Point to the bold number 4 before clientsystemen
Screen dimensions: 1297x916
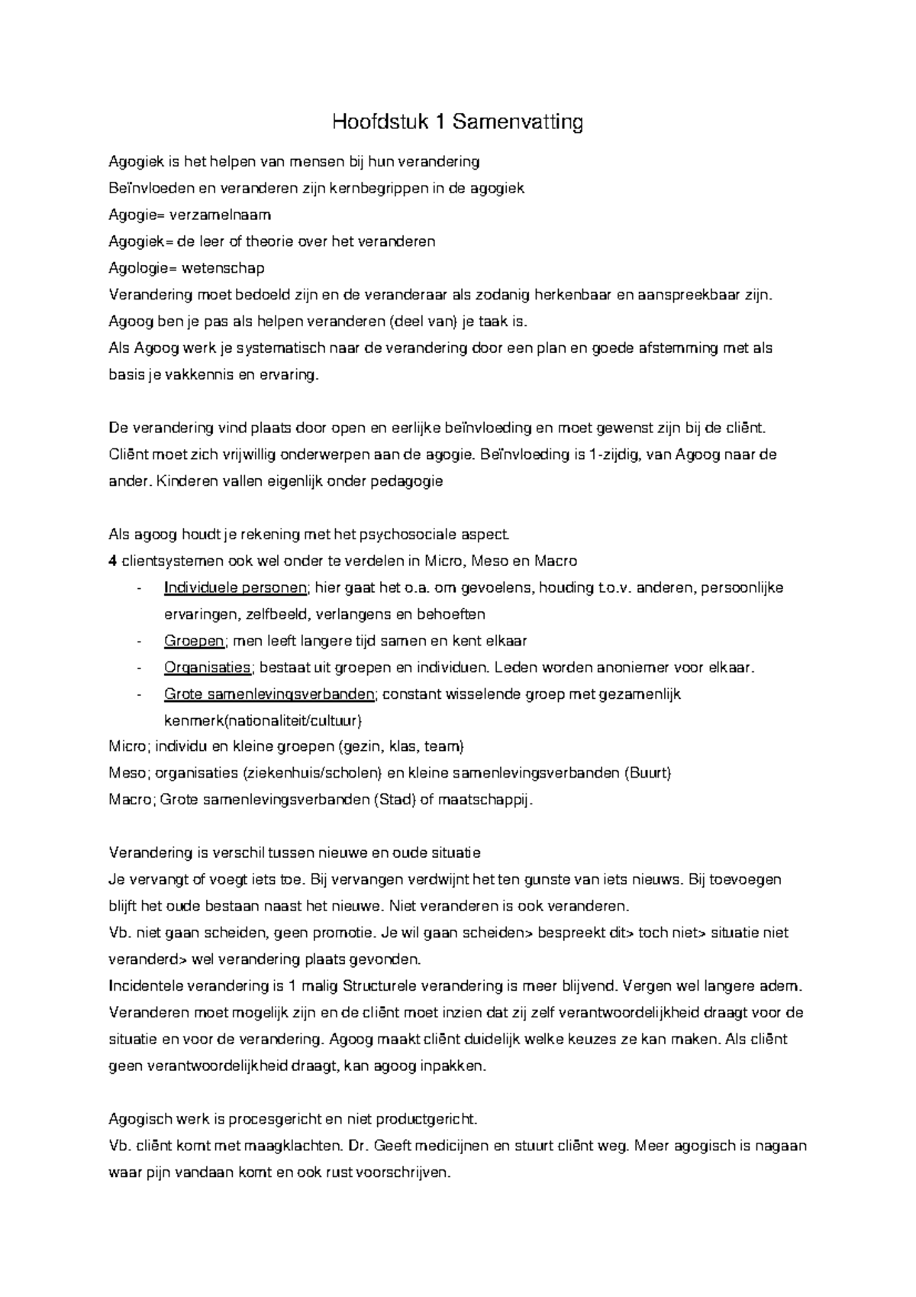point(113,561)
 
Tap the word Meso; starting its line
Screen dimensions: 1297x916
point(128,772)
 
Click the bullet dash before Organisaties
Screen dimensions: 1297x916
point(138,668)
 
